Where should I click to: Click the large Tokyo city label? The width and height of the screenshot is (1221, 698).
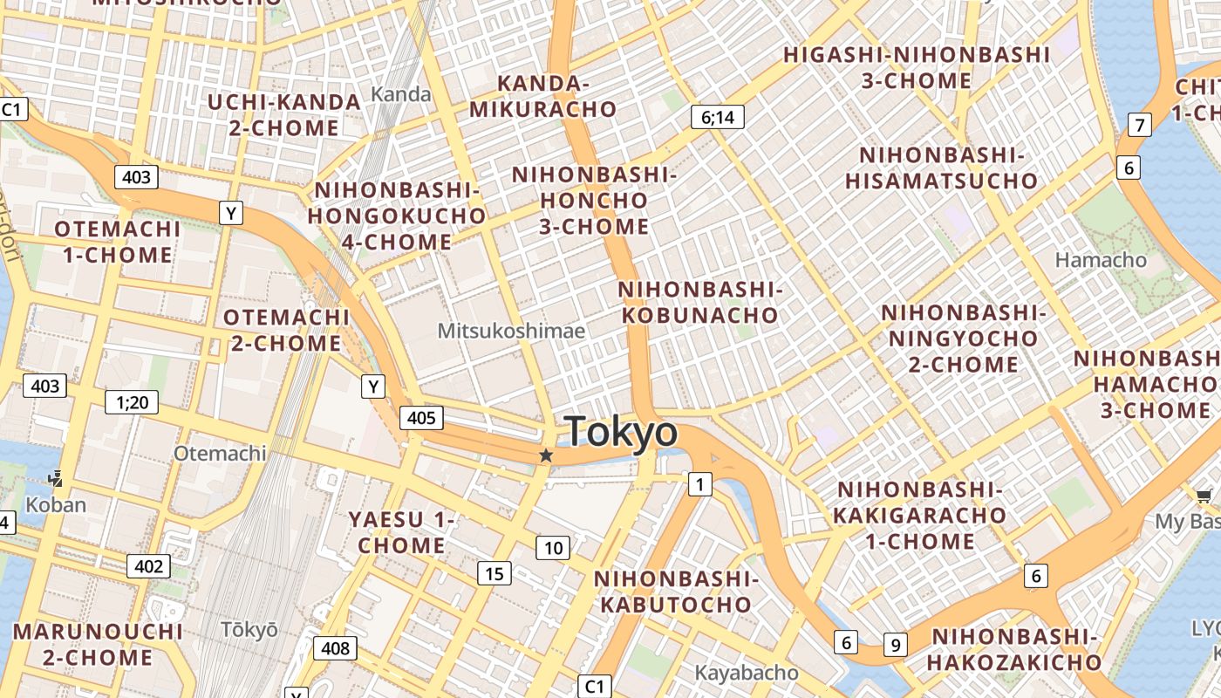click(620, 431)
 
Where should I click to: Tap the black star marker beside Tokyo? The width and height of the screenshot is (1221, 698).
click(546, 455)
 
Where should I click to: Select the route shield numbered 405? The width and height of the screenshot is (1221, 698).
click(421, 418)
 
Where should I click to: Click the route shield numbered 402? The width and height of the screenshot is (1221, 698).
click(148, 566)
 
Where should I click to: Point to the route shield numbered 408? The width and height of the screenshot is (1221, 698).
click(335, 647)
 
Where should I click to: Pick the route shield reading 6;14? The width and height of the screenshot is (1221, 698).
click(718, 117)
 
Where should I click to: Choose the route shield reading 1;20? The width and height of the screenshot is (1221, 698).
click(132, 402)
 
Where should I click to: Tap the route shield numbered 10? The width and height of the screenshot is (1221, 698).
click(553, 548)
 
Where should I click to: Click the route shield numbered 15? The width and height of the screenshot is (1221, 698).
click(494, 573)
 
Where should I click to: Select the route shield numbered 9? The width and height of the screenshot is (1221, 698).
click(895, 645)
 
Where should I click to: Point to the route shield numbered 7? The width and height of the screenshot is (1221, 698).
click(1139, 125)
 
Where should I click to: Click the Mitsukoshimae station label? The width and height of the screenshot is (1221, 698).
click(511, 331)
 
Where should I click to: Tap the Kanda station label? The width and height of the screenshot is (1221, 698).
click(401, 94)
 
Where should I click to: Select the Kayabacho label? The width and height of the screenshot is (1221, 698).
click(746, 673)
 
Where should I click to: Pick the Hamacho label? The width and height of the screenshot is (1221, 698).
click(1101, 259)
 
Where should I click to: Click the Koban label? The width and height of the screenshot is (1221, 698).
click(56, 504)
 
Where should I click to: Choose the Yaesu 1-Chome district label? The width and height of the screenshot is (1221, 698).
click(401, 532)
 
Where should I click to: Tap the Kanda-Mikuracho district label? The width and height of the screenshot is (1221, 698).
click(542, 96)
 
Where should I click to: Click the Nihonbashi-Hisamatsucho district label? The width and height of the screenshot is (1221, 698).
click(942, 168)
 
